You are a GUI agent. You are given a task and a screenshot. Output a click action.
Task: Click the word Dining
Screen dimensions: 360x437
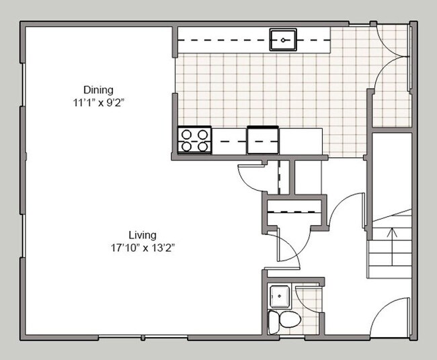click(x=98, y=89)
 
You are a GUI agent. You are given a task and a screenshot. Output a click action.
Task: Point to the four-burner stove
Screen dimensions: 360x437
click(x=194, y=140)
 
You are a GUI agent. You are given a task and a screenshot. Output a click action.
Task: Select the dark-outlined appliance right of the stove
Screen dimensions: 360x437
click(x=263, y=140)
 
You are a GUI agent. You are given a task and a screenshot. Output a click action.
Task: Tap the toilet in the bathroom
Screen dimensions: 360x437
click(x=279, y=320)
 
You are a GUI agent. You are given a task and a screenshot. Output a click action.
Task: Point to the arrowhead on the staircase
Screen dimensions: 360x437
click(x=391, y=232)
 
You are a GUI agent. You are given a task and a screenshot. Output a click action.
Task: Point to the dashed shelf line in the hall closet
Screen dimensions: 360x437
click(x=293, y=212)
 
